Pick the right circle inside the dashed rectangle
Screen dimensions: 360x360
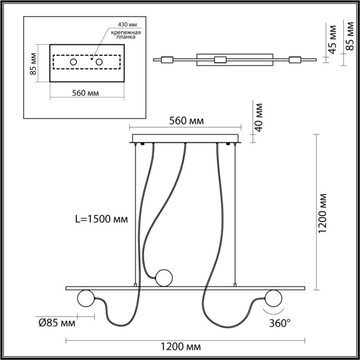point(99,62)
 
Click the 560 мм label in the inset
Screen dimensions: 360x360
point(85,92)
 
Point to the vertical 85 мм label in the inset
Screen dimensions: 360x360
point(33,64)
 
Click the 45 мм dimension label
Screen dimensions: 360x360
point(332,38)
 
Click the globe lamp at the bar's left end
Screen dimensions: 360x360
point(85,299)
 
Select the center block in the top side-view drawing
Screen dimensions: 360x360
point(220,60)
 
